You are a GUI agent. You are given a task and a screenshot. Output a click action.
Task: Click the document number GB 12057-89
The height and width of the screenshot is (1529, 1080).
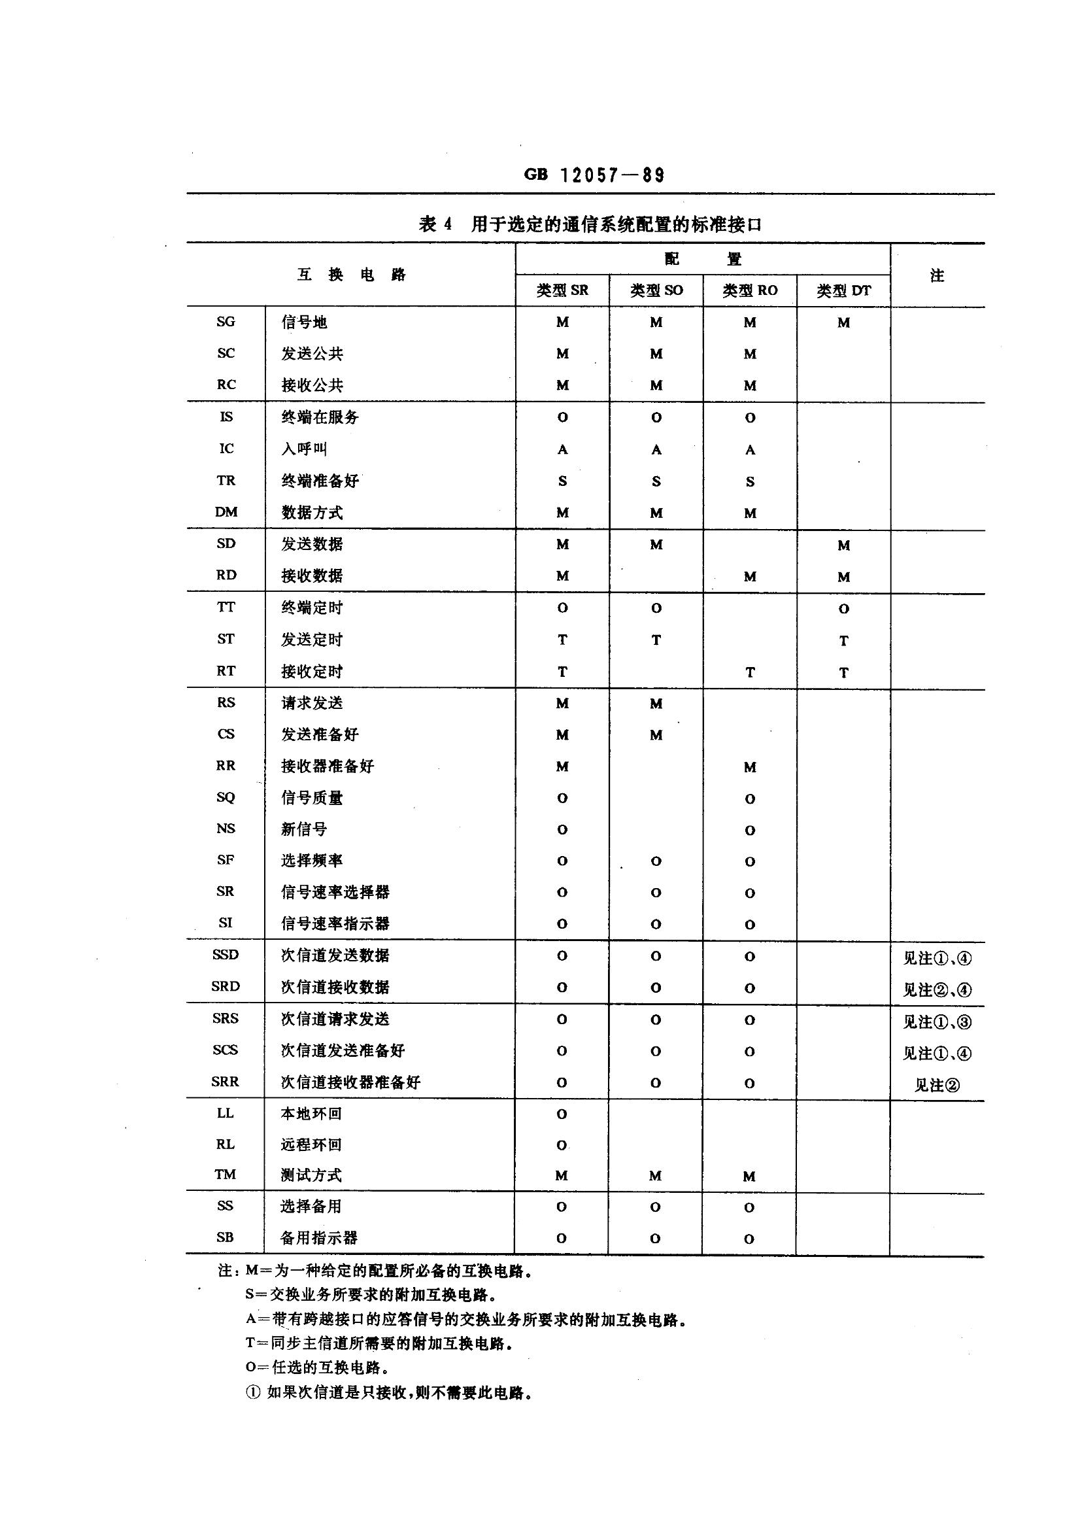594,175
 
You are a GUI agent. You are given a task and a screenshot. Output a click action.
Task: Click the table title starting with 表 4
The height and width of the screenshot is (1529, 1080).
590,224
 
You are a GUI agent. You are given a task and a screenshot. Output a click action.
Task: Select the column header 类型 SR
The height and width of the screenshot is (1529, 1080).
563,290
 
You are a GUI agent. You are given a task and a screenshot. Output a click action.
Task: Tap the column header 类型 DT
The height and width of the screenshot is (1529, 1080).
843,290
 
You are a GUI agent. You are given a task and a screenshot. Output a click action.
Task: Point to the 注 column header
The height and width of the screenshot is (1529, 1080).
937,275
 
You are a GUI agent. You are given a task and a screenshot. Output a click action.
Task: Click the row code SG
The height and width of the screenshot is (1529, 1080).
226,322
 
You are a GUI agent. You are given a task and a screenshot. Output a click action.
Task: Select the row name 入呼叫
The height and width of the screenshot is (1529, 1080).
304,449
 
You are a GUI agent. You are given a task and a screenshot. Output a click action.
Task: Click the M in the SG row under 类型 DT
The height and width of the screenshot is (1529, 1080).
843,323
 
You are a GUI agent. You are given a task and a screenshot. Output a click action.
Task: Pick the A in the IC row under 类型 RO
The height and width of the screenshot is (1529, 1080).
750,450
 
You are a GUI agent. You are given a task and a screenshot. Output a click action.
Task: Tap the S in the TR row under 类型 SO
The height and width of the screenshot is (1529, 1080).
656,481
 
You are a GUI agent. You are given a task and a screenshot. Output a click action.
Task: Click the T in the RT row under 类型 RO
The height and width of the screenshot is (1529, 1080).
750,672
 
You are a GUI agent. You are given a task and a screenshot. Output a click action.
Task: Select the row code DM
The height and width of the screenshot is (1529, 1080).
226,512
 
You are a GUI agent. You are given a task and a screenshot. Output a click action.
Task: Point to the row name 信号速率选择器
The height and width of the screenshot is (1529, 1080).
335,891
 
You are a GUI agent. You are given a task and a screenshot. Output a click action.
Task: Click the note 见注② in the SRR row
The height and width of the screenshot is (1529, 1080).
937,1086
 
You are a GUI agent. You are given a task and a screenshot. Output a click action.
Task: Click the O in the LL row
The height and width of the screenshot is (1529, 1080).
562,1114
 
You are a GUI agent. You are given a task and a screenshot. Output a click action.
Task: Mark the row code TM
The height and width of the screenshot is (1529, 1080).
225,1174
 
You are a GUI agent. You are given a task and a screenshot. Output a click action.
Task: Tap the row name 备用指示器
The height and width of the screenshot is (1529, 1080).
319,1238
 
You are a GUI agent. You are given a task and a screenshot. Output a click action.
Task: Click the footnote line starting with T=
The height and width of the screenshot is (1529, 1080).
379,1344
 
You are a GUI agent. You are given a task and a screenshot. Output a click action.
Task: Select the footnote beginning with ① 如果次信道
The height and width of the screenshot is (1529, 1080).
390,1393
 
